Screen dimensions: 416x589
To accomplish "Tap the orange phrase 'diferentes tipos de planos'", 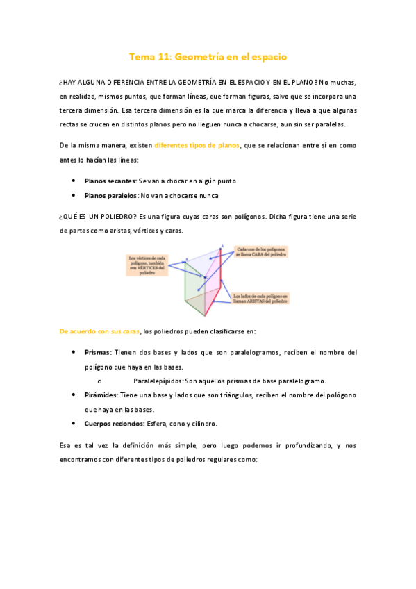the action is click(x=197, y=145).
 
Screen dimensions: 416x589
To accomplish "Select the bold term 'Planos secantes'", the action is click(x=110, y=181).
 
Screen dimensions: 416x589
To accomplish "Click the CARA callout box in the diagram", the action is click(x=262, y=251).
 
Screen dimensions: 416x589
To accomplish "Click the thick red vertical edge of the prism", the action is click(x=221, y=285).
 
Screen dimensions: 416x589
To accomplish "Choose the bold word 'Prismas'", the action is click(x=98, y=352).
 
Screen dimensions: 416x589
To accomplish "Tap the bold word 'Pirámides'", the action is click(x=101, y=395).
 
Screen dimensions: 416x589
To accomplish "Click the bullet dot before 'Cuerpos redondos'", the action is click(x=74, y=423).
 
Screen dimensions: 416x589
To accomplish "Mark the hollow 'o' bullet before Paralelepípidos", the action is click(x=101, y=381).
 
